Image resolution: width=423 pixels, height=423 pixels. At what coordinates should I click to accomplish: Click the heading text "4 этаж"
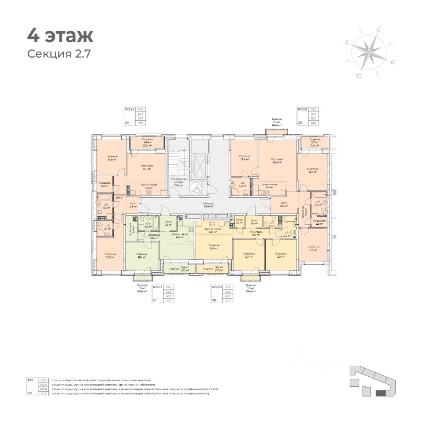tap(60, 35)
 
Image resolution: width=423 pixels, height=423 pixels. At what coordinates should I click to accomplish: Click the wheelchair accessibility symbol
tap(194, 189)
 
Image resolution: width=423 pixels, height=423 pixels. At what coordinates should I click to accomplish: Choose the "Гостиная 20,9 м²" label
tap(277, 161)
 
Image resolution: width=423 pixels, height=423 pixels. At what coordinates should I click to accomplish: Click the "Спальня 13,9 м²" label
tap(111, 256)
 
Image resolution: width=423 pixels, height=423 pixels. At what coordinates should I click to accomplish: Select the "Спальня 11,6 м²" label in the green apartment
tap(141, 256)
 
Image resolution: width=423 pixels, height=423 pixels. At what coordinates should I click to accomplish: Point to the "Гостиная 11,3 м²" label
tap(214, 246)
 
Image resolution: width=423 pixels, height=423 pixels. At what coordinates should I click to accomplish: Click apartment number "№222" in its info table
tap(130, 109)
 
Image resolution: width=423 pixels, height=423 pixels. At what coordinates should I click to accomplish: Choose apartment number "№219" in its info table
tap(302, 109)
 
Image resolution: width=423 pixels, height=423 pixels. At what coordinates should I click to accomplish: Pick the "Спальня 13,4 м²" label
tap(313, 170)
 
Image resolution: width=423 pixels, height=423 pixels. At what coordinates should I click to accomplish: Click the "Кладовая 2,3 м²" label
tap(319, 222)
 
